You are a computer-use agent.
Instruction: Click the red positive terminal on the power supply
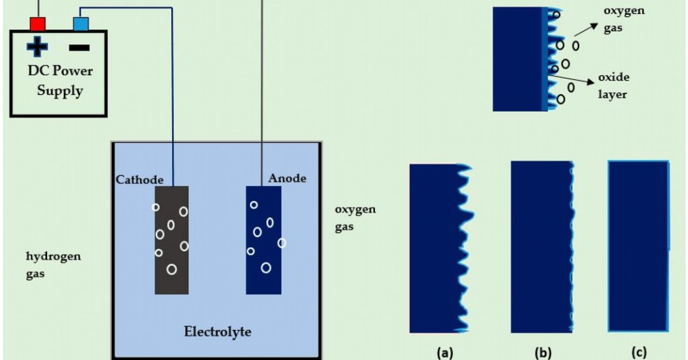(37, 24)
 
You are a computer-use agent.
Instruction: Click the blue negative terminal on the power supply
(81, 24)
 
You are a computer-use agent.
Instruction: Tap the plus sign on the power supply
(37, 48)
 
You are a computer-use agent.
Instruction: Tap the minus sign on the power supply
(79, 48)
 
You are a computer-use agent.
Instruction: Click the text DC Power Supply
(60, 81)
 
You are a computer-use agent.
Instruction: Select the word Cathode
(140, 180)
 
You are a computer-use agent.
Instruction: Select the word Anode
(287, 178)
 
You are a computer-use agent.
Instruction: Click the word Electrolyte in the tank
(217, 331)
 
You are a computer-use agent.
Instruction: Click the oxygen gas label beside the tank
(355, 218)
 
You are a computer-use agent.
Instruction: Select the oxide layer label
(612, 85)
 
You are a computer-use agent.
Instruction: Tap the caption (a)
(443, 352)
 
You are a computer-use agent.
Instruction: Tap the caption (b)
(543, 352)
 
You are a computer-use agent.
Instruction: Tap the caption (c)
(639, 352)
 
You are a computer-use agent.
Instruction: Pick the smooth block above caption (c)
(635, 246)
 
